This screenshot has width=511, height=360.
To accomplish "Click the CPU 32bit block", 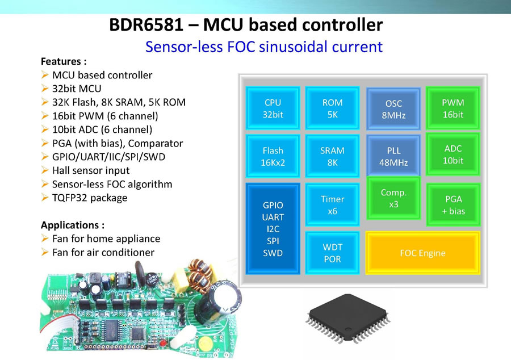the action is pyautogui.click(x=273, y=108).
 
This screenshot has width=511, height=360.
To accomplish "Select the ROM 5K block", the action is pyautogui.click(x=332, y=108).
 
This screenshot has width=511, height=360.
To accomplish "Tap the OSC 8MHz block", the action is pyautogui.click(x=393, y=109).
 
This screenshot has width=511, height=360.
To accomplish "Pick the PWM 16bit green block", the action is pyautogui.click(x=453, y=108).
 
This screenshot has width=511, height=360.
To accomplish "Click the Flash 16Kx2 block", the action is pyautogui.click(x=273, y=156).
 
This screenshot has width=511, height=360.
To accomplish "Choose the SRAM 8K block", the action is pyautogui.click(x=332, y=156).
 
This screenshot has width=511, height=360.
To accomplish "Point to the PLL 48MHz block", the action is pyautogui.click(x=393, y=156).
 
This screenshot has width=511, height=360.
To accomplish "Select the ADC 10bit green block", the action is pyautogui.click(x=453, y=154).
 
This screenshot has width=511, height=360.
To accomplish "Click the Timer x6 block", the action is pyautogui.click(x=332, y=204).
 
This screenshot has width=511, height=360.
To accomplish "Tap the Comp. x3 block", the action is pyautogui.click(x=393, y=198).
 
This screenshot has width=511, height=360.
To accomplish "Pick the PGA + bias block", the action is pyautogui.click(x=453, y=204).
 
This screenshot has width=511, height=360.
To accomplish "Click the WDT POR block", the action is pyautogui.click(x=332, y=253).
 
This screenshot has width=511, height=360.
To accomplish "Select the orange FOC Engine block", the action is pyautogui.click(x=422, y=253).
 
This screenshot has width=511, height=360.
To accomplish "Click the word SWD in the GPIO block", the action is pyautogui.click(x=273, y=253).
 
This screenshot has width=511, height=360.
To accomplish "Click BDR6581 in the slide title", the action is pyautogui.click(x=146, y=25).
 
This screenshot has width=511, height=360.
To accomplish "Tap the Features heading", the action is pyautogui.click(x=64, y=61).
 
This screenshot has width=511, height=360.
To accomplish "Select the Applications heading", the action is pyautogui.click(x=72, y=225).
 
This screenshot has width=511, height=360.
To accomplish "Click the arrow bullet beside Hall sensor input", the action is pyautogui.click(x=45, y=170).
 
